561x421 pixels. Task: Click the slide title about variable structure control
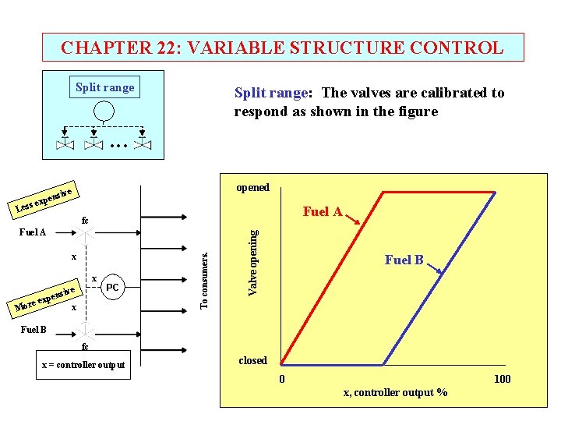click(282, 48)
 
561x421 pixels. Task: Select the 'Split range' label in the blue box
click(104, 87)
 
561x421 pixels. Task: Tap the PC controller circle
click(112, 288)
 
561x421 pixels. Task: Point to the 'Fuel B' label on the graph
click(404, 260)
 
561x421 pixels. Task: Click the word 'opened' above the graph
click(252, 187)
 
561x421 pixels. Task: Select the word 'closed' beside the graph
click(252, 360)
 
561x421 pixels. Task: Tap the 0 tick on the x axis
click(283, 379)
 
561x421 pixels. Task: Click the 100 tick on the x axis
click(502, 379)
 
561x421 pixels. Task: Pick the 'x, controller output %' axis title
click(395, 392)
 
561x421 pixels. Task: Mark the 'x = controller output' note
click(83, 364)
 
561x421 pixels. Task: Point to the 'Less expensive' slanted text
click(44, 199)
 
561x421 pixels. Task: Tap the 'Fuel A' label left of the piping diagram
click(32, 232)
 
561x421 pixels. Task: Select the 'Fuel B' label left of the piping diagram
click(34, 329)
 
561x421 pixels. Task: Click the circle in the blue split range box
click(104, 112)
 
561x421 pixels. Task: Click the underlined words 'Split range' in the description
click(270, 93)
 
